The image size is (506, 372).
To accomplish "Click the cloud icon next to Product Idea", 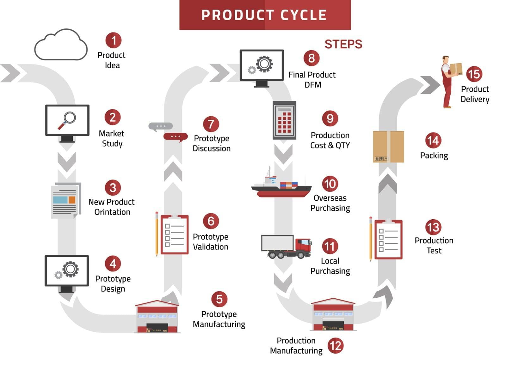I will [61, 46].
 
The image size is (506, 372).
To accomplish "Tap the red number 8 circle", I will [312, 58].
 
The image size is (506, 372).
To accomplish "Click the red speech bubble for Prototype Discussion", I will [175, 137].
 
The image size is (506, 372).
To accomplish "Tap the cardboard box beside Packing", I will [388, 147].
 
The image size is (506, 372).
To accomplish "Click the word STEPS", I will [343, 44].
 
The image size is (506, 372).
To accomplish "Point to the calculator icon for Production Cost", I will [284, 120].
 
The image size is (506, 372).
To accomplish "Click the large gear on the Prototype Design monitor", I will [71, 269].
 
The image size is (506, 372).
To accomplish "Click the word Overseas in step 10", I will [330, 198].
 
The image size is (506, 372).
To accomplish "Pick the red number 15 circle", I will [474, 74].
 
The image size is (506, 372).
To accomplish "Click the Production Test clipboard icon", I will [388, 240].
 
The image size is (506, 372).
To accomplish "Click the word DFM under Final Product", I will [313, 85].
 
